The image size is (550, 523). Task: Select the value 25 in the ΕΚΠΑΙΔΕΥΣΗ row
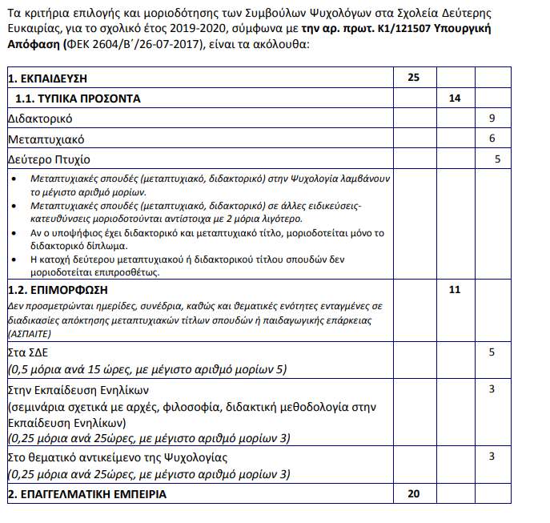(413, 78)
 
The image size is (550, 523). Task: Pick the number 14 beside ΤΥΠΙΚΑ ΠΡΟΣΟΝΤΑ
(455, 99)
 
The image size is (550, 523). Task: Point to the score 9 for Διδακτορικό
(492, 119)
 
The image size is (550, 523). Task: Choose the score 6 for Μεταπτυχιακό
(492, 139)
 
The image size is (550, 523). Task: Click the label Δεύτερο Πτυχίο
(49, 159)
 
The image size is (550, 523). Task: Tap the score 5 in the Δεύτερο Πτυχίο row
(497, 159)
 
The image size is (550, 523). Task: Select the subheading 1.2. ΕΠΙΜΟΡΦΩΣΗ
(57, 289)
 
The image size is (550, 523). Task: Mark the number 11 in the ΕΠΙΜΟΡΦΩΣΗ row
(455, 289)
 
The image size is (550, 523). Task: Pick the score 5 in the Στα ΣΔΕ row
(492, 352)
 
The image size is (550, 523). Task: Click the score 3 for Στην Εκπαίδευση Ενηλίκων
(492, 390)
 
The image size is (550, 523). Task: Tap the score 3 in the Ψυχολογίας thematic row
(492, 457)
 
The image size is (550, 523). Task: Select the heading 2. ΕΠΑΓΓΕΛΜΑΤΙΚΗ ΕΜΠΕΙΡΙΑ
(86, 494)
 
